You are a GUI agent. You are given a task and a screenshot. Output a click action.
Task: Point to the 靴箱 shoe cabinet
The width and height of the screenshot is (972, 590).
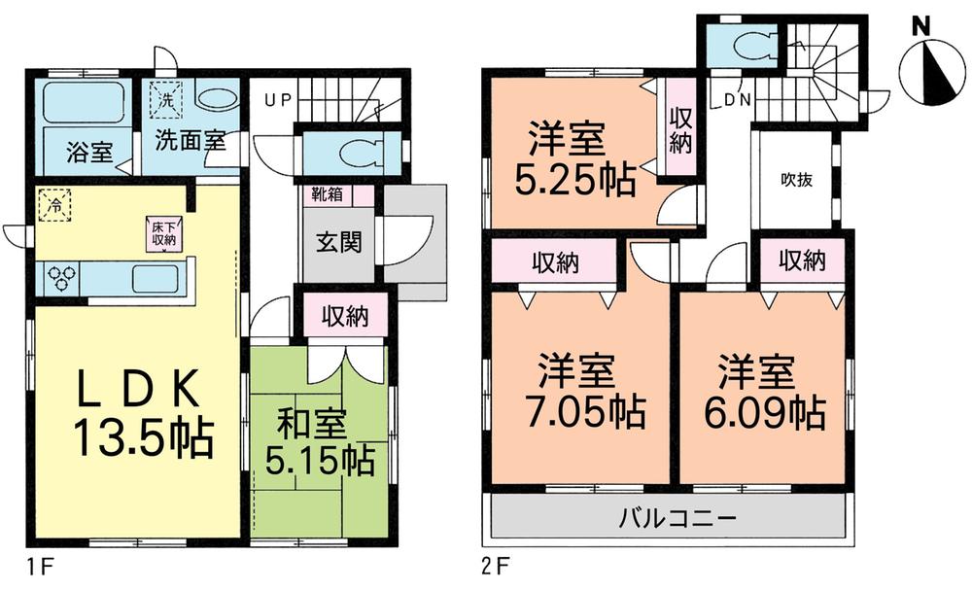(327, 193)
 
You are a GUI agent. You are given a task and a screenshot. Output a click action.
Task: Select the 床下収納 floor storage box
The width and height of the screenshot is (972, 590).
(163, 233)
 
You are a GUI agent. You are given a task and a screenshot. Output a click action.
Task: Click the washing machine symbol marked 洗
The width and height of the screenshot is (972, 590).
(166, 98)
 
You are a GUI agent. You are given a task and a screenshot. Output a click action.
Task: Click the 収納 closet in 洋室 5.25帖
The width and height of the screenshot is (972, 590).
(679, 129)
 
